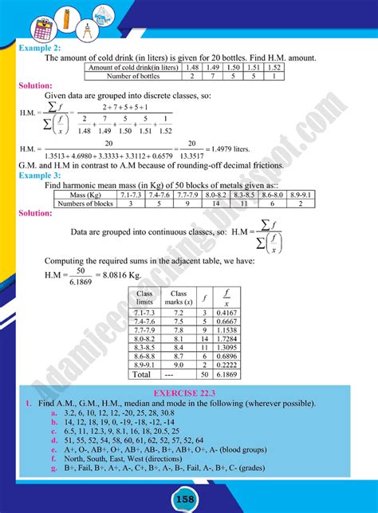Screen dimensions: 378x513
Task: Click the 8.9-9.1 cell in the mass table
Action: point(301,194)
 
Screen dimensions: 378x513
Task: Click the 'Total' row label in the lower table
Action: point(142,373)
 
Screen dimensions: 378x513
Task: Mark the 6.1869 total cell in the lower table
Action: point(226,373)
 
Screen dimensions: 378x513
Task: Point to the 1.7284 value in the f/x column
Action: point(226,337)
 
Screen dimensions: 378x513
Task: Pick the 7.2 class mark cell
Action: point(179,314)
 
